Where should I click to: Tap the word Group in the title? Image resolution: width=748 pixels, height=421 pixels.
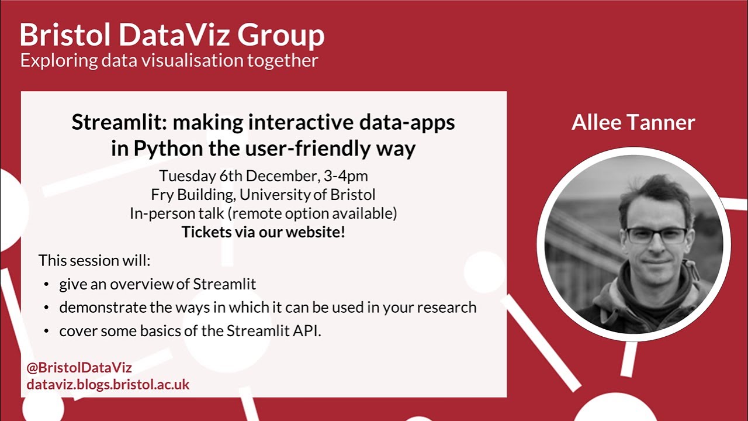[x=280, y=36]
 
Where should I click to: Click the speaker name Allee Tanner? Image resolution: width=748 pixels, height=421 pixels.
[x=633, y=122]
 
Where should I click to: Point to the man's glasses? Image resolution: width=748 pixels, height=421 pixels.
[x=656, y=236]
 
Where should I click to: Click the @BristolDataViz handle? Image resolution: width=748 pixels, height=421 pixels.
[x=79, y=368]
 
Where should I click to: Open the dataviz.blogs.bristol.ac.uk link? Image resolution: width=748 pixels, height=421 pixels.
[x=108, y=384]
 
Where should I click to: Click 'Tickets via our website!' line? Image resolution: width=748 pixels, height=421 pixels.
[x=263, y=232]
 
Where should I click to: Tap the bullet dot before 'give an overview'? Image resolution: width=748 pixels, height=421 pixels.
[x=46, y=285]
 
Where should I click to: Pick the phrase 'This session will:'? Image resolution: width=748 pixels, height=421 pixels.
[x=94, y=260]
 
